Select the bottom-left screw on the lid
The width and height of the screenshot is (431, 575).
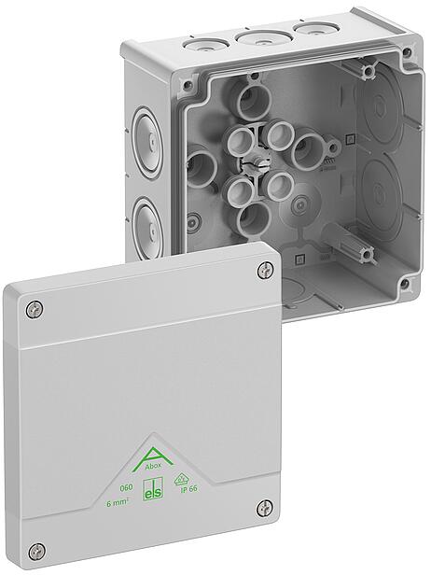tap(36, 551)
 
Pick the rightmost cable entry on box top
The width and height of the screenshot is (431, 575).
tap(308, 32)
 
